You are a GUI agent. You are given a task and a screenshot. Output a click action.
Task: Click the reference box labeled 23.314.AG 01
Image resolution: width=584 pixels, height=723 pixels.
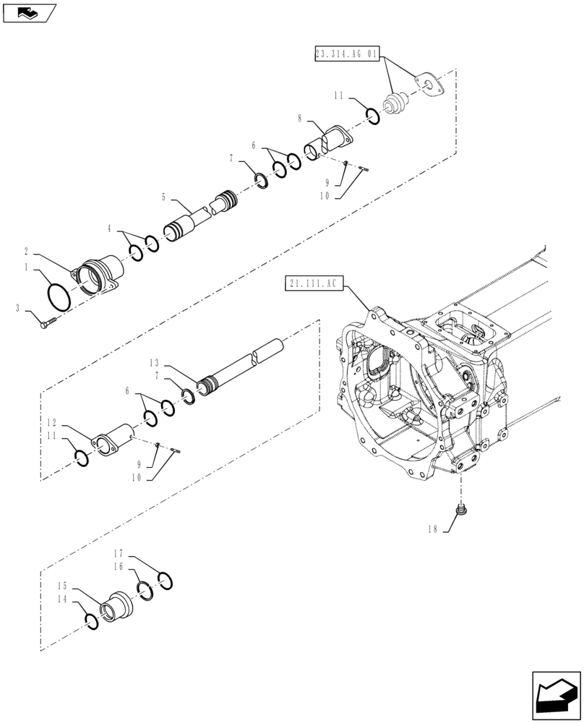(347, 54)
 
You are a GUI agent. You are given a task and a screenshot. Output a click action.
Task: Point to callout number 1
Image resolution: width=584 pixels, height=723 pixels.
(27, 267)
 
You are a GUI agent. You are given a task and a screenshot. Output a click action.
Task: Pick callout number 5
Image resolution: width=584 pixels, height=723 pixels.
(163, 196)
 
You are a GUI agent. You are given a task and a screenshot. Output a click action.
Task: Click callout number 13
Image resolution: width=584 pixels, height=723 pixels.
(154, 362)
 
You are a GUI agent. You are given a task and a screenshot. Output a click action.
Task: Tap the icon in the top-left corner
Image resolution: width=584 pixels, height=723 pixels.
(28, 12)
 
